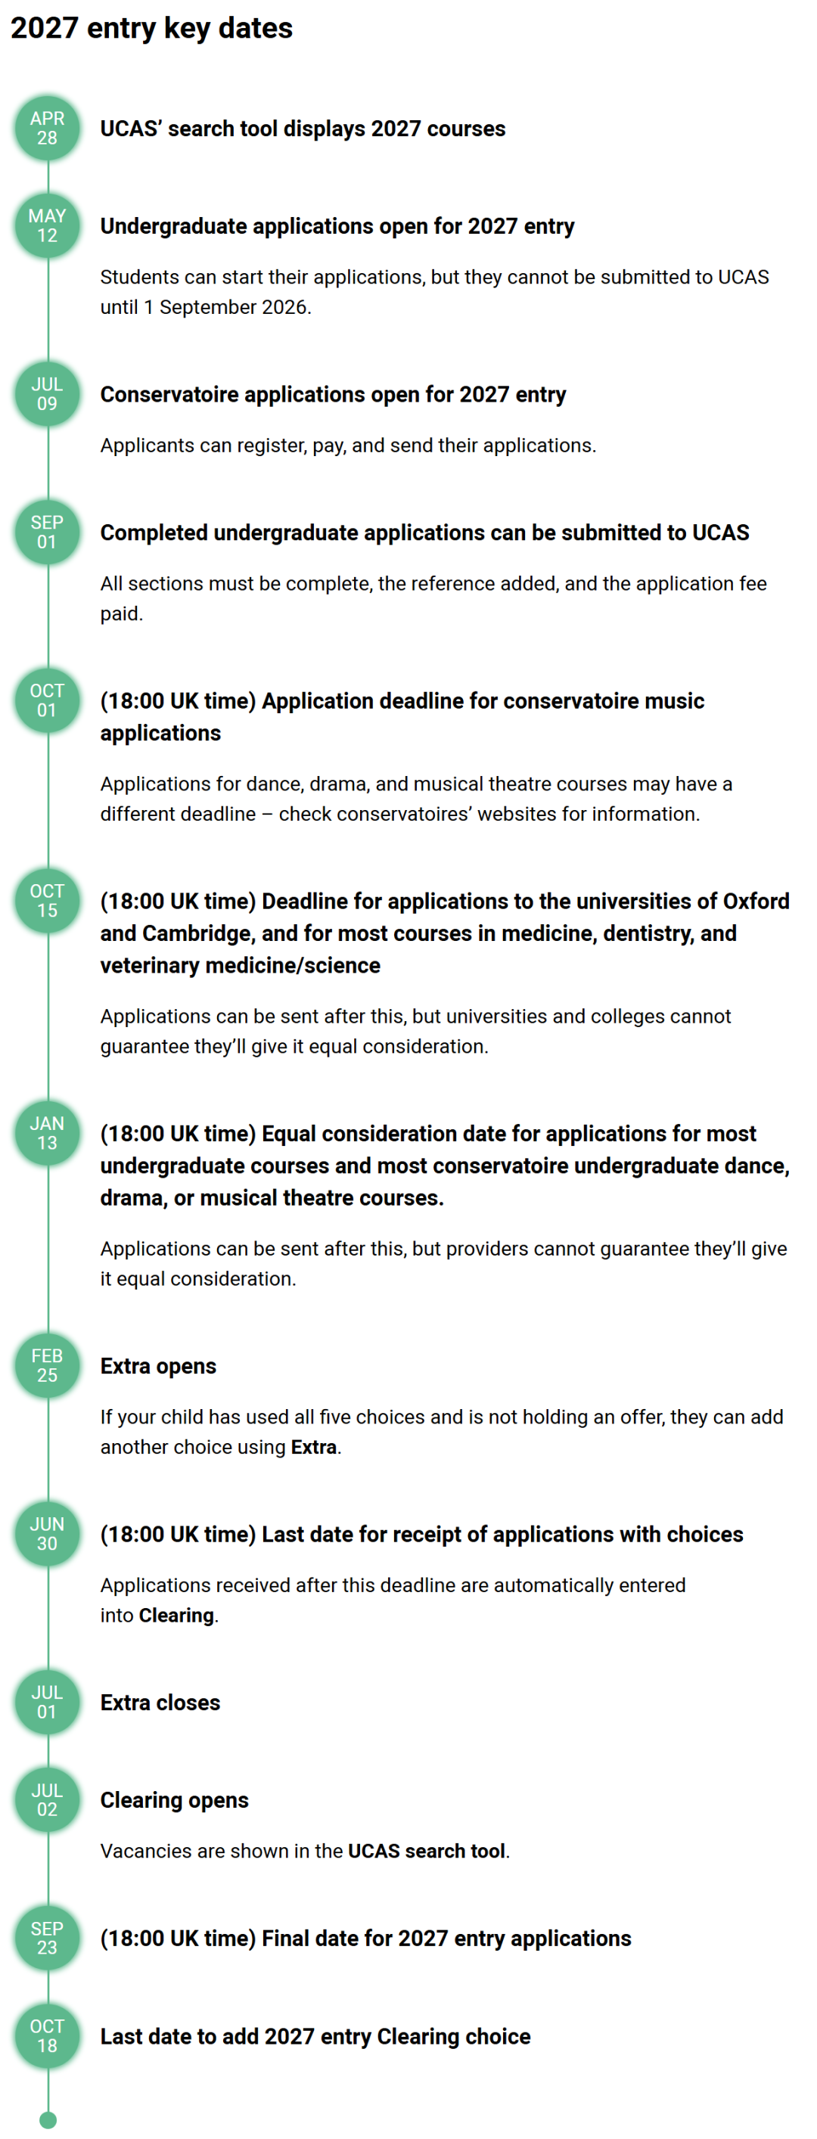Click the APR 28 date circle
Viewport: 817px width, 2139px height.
point(48,129)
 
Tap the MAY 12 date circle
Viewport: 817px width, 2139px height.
point(48,226)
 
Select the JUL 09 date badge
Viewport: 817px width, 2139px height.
point(48,394)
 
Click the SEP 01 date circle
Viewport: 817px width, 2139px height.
point(48,532)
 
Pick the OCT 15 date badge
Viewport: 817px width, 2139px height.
point(48,901)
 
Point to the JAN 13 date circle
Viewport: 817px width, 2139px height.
point(48,1134)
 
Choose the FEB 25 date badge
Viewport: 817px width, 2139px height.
point(48,1366)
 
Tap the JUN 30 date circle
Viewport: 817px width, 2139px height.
point(48,1535)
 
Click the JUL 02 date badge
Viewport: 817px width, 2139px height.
point(48,1800)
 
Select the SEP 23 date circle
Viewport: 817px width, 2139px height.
point(48,1938)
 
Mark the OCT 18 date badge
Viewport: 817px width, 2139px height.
point(48,2036)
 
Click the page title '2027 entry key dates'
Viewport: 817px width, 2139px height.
point(151,28)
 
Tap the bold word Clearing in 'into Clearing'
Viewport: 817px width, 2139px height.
point(176,1615)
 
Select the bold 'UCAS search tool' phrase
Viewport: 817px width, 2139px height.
point(426,1851)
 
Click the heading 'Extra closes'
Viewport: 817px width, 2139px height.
point(160,1703)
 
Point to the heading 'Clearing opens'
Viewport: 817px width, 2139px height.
point(174,1800)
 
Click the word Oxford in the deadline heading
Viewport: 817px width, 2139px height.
point(756,901)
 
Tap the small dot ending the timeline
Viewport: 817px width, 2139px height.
point(48,2121)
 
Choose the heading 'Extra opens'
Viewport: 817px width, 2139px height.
point(158,1366)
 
